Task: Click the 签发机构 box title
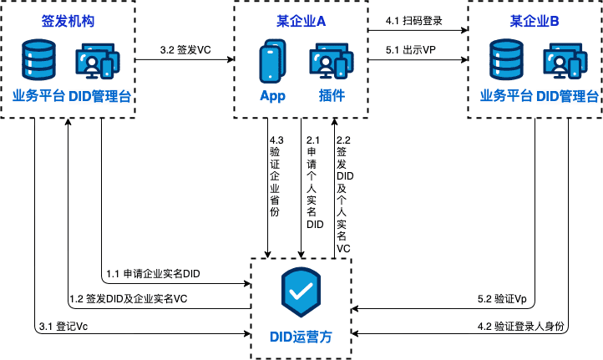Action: tap(67, 20)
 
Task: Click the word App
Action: tap(272, 95)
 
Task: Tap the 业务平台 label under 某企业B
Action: tap(506, 95)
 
